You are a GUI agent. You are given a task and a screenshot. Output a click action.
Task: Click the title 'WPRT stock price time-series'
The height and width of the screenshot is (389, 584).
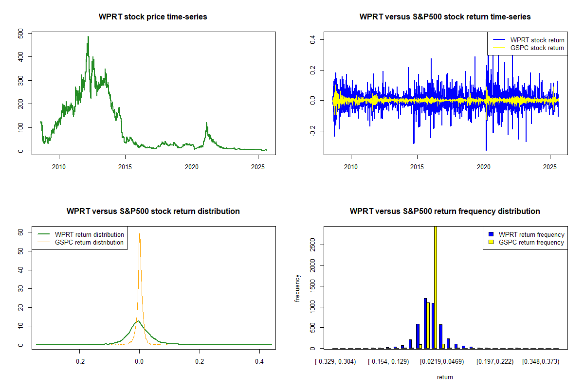click(153, 17)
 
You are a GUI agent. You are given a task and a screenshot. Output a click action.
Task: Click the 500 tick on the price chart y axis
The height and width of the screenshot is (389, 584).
click(20, 33)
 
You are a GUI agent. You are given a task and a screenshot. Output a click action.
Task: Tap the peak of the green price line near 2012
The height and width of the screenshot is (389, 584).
click(88, 36)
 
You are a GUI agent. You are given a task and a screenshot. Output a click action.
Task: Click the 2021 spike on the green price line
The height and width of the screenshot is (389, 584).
click(206, 124)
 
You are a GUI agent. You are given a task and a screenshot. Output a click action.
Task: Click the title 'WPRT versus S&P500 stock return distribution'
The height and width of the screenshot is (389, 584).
click(153, 212)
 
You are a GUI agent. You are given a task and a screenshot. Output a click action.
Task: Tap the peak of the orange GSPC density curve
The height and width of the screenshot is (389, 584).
click(140, 233)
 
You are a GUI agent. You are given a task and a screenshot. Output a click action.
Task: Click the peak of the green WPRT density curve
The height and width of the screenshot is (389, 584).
click(138, 320)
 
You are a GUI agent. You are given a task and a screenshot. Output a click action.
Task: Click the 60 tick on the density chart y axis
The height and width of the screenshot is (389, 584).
click(20, 232)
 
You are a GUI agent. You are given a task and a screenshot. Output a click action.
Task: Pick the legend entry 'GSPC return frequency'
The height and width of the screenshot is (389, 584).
click(531, 242)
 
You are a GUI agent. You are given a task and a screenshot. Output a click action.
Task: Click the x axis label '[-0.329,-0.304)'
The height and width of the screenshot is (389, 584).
click(336, 362)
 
